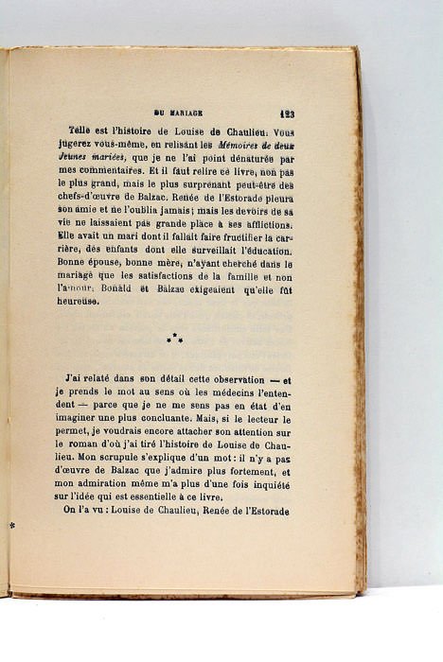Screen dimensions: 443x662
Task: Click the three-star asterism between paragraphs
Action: pyautogui.click(x=175, y=337)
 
